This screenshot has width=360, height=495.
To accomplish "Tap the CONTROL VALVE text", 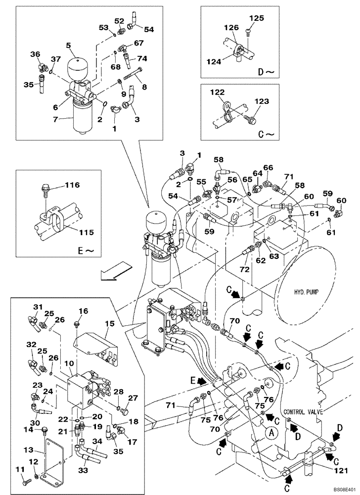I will pyautogui.click(x=304, y=411).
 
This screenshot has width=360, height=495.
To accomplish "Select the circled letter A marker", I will pyautogui.click(x=270, y=432).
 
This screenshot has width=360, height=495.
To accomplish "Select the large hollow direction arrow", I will pyautogui.click(x=115, y=271).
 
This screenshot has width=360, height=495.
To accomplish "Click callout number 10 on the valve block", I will pyautogui.click(x=69, y=363).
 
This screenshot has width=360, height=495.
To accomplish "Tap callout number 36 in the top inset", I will pyautogui.click(x=34, y=54).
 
